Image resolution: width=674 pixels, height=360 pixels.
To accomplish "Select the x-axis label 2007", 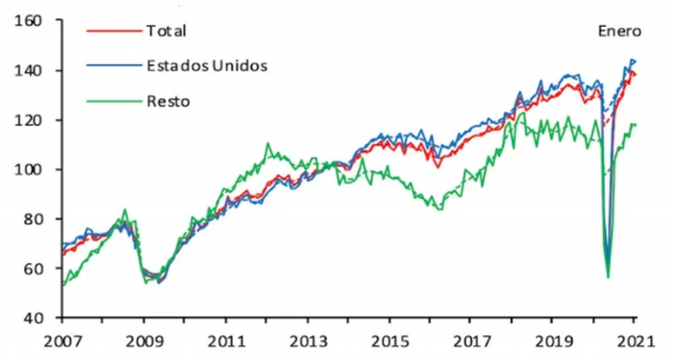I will point(61,343).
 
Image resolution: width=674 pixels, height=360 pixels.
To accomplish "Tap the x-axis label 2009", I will point(142,343).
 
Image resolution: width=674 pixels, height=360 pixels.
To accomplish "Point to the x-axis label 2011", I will point(225,343).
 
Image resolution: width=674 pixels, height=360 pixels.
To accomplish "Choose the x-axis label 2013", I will point(307,343).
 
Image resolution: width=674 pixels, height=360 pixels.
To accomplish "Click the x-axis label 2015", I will point(388,343).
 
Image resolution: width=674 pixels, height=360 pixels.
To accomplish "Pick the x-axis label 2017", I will point(470,343).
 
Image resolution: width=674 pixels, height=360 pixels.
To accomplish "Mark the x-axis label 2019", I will point(552,343).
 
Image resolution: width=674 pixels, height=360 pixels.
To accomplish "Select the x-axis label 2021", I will point(634,343).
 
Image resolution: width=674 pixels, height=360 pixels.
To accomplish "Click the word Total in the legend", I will point(166,31).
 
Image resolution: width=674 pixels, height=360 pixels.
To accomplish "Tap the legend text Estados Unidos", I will point(207,66).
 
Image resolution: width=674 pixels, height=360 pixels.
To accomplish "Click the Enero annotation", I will point(620,31).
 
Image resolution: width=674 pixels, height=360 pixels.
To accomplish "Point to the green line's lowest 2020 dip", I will point(608,276).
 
